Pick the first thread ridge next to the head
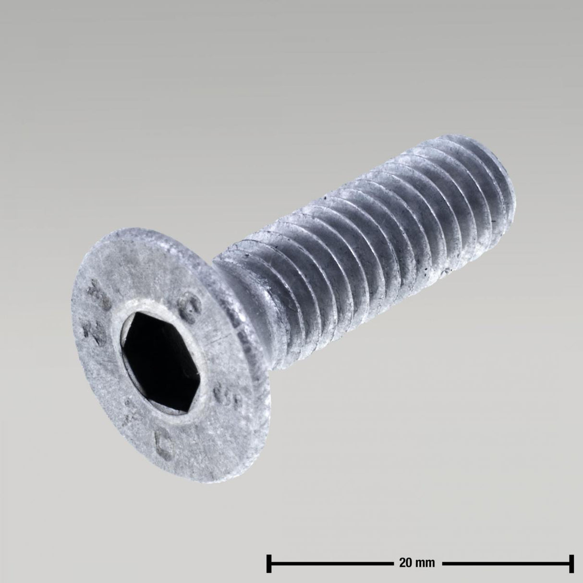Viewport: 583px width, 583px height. tap(283, 279)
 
